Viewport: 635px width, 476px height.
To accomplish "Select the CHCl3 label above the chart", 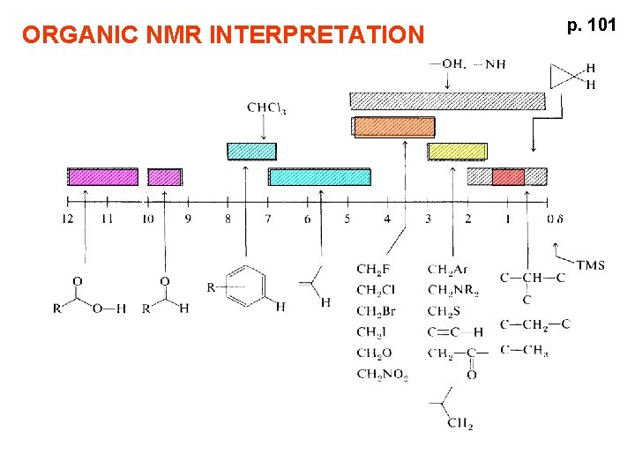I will pos(266,108).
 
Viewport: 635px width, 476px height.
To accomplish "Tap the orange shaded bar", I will pos(394,127).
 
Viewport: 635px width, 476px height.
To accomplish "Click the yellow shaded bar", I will pos(457,152).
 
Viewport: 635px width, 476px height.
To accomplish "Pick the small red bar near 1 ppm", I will pos(508,176).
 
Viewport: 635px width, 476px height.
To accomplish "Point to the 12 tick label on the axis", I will pos(68,219).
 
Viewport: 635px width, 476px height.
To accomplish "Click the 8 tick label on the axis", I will pos(228,219).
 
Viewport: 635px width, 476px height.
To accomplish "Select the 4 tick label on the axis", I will pos(387,219).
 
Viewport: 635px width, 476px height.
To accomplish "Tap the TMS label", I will pos(591,264).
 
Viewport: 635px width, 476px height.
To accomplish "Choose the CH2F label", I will pos(374,270).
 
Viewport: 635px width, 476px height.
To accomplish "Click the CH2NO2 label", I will pos(382,375).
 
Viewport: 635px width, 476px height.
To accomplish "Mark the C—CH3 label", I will pos(524,351).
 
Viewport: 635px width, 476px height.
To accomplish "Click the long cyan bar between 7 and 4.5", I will pos(319,176).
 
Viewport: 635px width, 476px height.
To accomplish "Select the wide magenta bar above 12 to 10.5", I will pos(103,176).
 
